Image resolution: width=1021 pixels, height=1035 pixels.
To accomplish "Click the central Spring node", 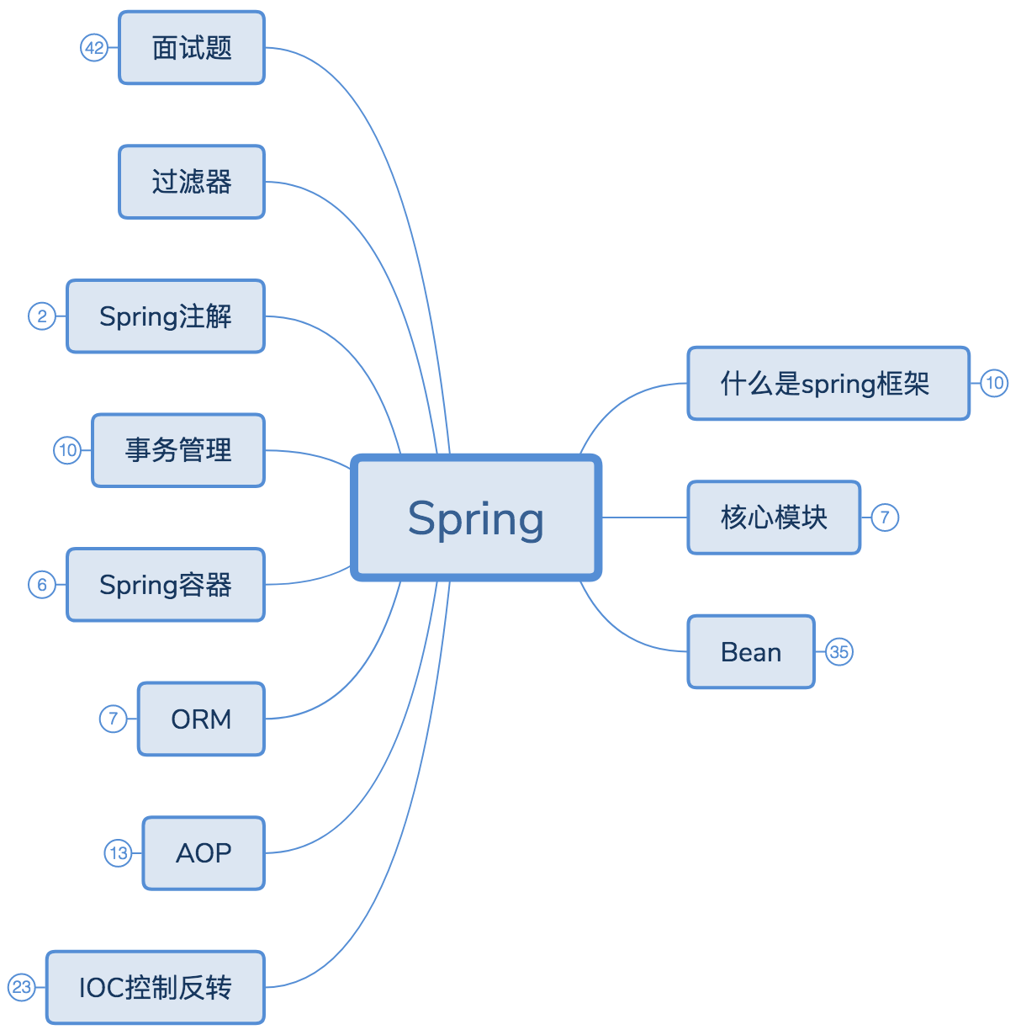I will pyautogui.click(x=476, y=517).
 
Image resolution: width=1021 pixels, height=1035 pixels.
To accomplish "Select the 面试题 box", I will pyautogui.click(x=192, y=48).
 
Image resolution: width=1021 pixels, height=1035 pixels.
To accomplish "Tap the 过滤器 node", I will pyautogui.click(x=192, y=182).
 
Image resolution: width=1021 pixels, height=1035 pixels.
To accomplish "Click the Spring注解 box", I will pyautogui.click(x=166, y=316).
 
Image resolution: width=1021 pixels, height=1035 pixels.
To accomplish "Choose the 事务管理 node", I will pyautogui.click(x=178, y=450).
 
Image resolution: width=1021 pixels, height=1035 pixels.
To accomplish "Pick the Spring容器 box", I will pyautogui.click(x=166, y=585).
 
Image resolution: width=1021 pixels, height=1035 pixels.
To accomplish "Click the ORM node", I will pyautogui.click(x=201, y=719).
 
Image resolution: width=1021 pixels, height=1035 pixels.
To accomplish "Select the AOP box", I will pyautogui.click(x=204, y=853).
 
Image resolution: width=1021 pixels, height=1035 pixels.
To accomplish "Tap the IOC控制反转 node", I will pyautogui.click(x=156, y=987).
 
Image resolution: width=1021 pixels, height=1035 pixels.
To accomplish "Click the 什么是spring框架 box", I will pyautogui.click(x=828, y=383).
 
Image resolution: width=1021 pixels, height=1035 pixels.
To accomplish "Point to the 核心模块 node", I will pyautogui.click(x=774, y=517).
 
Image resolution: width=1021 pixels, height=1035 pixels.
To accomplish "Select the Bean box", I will pyautogui.click(x=751, y=652).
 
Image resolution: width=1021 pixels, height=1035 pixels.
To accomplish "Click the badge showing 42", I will pyautogui.click(x=94, y=48).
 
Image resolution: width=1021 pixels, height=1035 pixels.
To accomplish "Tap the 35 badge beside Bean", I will pyautogui.click(x=838, y=652).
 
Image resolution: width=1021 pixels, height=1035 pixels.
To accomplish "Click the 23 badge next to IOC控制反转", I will pyautogui.click(x=22, y=987).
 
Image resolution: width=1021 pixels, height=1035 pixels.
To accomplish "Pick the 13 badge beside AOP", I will pyautogui.click(x=119, y=853).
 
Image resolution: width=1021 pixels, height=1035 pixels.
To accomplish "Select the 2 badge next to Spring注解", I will pyautogui.click(x=42, y=316).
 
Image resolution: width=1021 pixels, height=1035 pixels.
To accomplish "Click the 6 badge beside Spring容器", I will pyautogui.click(x=42, y=585).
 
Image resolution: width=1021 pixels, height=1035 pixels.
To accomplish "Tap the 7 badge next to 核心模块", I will pyautogui.click(x=884, y=517).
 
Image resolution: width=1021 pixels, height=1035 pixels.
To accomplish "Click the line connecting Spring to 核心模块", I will pyautogui.click(x=644, y=517).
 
